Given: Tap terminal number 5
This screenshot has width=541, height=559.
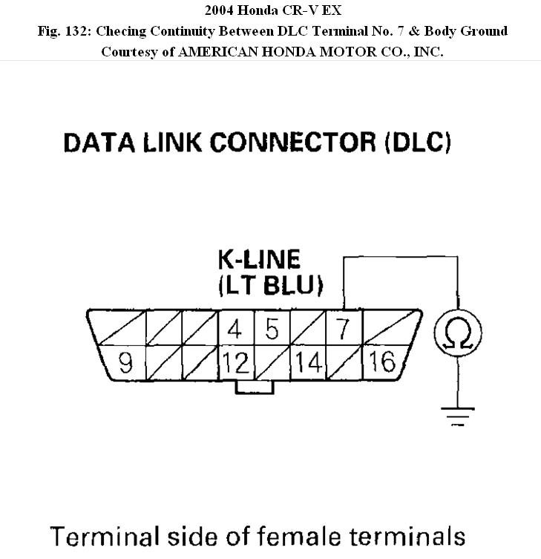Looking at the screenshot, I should (x=272, y=327).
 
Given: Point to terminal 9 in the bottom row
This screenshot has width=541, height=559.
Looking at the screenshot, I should (x=125, y=363).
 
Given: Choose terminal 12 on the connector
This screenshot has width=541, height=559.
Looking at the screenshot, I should (x=236, y=363).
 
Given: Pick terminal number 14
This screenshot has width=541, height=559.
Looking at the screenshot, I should (x=307, y=363).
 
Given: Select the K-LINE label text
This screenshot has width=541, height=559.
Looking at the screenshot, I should (x=259, y=259).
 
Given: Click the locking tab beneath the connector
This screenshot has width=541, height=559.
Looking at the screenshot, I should (x=254, y=387).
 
